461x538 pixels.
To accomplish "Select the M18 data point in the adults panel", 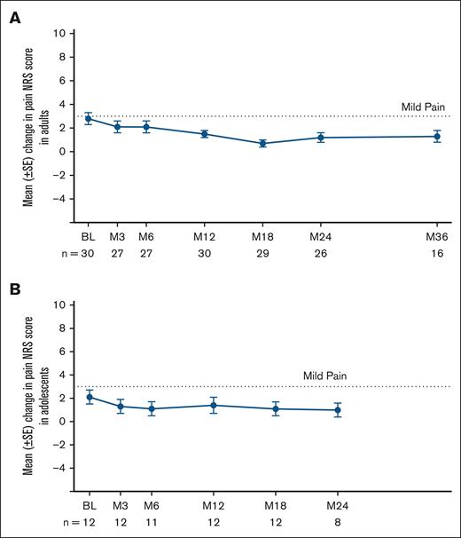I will coord(262,143).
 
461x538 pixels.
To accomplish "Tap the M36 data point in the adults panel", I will coord(437,136).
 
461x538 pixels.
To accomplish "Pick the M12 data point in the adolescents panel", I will coord(212,405).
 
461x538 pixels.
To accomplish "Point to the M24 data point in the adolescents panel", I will coord(337,409).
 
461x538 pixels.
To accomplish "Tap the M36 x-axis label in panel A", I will coord(437,239).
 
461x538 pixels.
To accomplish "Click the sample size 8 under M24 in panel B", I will coord(337,525).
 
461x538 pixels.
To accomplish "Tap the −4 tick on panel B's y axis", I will coord(59,468).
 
